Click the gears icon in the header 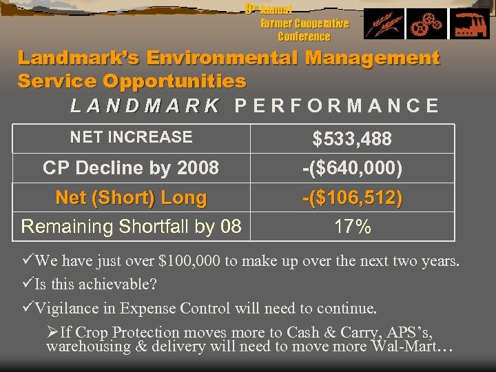(425, 25)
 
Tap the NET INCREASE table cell (131, 137)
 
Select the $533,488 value (352, 139)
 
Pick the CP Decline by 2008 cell (131, 167)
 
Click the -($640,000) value (352, 168)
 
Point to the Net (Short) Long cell (131, 198)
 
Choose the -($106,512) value (352, 198)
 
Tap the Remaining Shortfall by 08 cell (131, 227)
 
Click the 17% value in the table (352, 227)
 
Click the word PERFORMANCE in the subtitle (336, 106)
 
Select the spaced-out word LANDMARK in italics (145, 106)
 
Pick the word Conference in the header (304, 36)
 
